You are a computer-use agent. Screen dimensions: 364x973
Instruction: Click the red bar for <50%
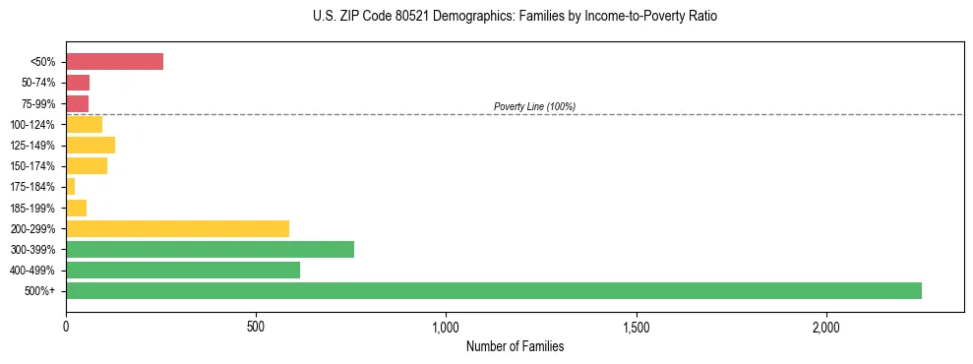[114, 62]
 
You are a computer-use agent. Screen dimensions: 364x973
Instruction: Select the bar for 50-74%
[78, 83]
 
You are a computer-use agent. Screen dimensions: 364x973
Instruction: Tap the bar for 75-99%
[77, 103]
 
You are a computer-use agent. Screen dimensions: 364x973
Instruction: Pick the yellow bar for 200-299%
[177, 228]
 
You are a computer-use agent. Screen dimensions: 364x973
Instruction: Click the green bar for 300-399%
[210, 249]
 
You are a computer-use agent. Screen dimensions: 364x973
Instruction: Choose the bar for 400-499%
[183, 270]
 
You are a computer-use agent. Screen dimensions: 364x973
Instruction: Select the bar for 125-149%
[91, 146]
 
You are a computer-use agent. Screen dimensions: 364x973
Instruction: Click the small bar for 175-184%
[71, 187]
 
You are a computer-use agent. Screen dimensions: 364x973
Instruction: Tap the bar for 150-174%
[87, 166]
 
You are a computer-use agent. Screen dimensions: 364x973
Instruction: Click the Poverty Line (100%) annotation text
[534, 106]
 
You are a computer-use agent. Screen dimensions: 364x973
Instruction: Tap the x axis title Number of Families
[515, 346]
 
